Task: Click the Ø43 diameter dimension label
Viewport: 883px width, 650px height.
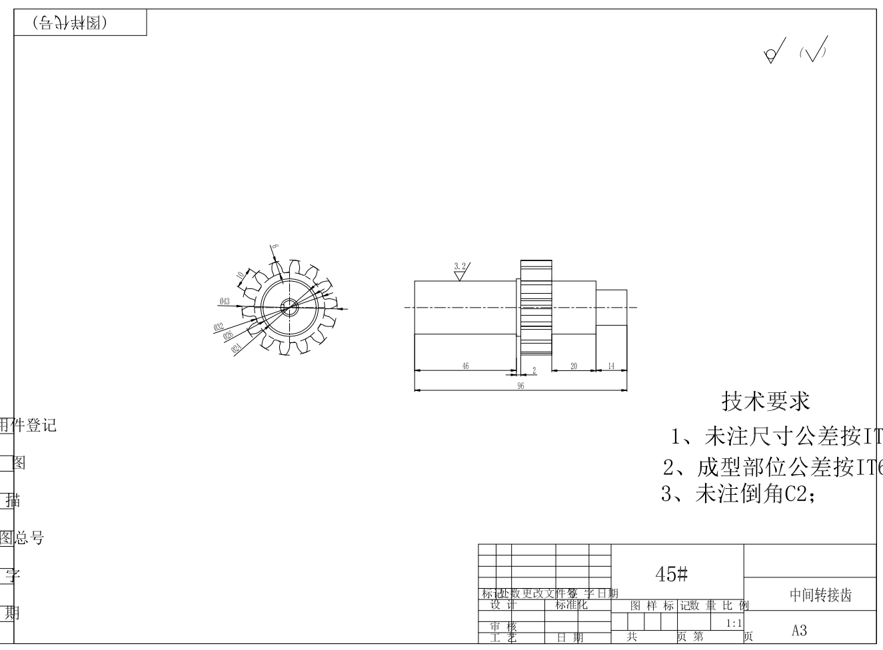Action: coord(224,302)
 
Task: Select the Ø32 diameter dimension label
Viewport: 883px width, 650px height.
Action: coord(219,327)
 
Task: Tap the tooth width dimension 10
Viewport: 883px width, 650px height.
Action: coord(239,274)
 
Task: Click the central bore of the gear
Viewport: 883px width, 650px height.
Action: coord(290,307)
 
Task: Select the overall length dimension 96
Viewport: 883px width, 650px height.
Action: coord(520,386)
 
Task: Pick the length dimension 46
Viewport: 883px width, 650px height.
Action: coord(465,366)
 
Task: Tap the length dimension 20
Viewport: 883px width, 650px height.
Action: coord(574,366)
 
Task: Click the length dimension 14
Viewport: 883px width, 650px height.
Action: coord(611,366)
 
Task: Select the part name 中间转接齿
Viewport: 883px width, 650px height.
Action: coord(820,595)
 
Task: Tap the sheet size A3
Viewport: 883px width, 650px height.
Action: coord(799,630)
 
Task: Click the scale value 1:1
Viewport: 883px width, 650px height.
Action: coord(734,623)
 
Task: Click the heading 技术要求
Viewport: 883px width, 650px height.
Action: coord(766,401)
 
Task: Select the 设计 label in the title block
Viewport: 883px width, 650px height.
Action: coord(504,605)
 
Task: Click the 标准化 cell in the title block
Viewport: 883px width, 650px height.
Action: coord(571,605)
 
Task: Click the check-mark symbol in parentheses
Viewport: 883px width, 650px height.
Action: coord(814,50)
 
